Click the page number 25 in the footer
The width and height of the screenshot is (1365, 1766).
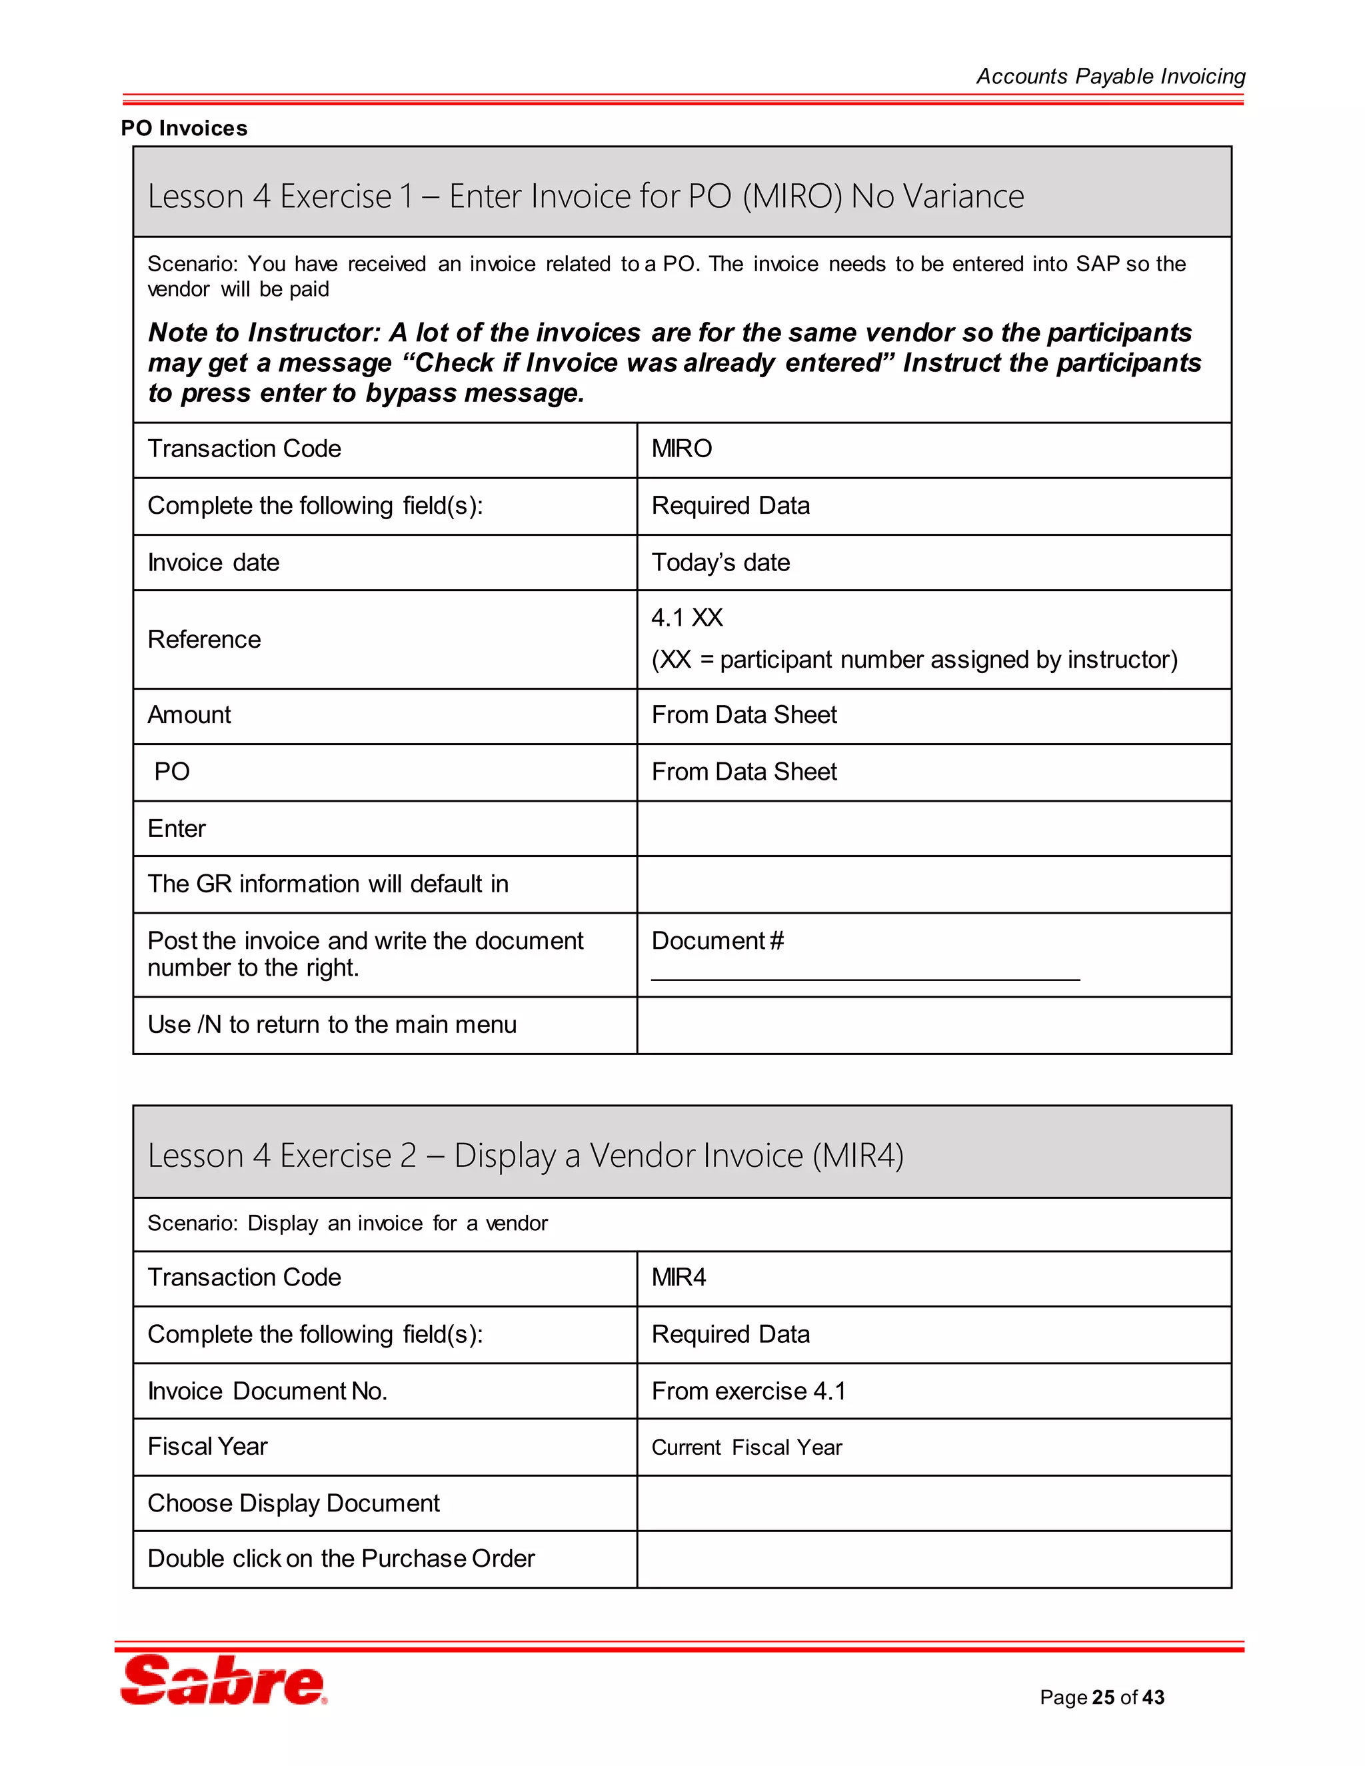coord(1103,1697)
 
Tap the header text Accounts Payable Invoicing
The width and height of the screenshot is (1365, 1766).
coord(1110,76)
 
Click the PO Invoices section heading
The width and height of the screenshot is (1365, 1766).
coord(185,128)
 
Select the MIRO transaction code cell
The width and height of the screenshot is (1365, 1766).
coord(682,448)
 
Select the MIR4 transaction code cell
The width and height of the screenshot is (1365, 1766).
coord(679,1277)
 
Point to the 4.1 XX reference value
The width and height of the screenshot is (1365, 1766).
coord(686,618)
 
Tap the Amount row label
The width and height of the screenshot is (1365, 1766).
coord(189,715)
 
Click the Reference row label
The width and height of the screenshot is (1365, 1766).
coord(204,640)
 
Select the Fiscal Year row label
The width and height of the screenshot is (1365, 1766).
coord(207,1447)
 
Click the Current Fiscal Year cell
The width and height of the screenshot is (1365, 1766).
coord(746,1447)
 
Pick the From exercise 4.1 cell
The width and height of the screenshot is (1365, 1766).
coord(748,1391)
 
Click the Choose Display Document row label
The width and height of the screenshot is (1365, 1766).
coord(293,1503)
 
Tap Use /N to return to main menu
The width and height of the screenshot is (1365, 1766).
coord(331,1024)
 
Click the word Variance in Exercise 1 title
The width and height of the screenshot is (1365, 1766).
coord(963,197)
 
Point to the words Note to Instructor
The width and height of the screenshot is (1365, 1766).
coord(264,333)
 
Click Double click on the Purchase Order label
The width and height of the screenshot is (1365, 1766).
coord(341,1558)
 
